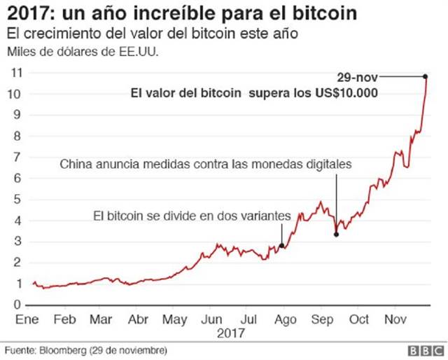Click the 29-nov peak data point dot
click(426, 76)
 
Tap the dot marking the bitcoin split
click(281, 245)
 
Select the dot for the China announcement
click(337, 234)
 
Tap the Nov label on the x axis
click(398, 319)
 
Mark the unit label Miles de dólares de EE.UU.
click(81, 52)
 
